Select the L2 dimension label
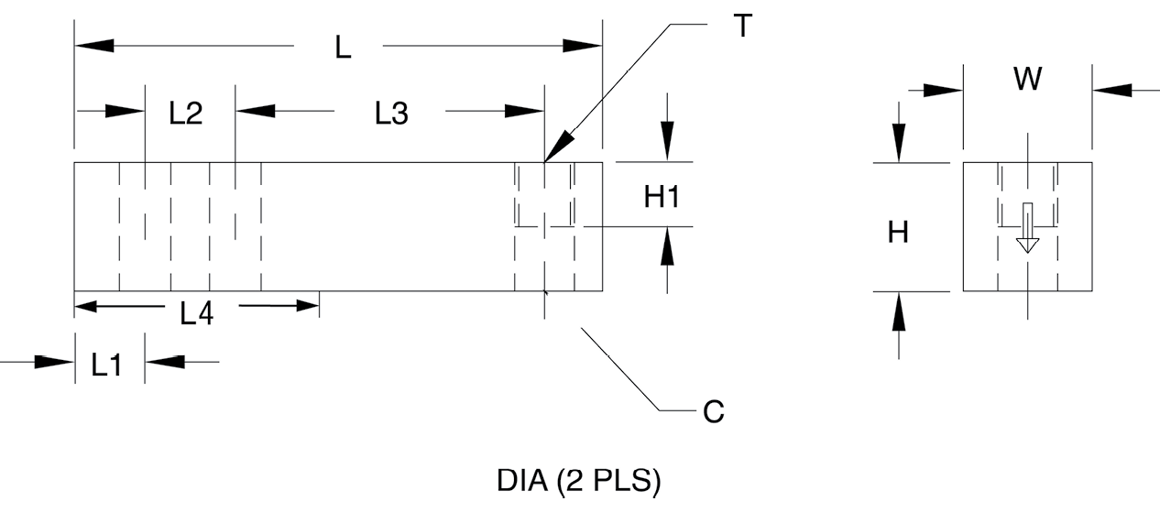tap(186, 114)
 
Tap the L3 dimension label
tap(391, 114)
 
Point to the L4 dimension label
tap(197, 314)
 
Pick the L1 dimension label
tap(106, 365)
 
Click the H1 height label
tap(662, 197)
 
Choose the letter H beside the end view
tap(899, 233)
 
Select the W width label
tap(1027, 81)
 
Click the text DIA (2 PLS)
tap(578, 482)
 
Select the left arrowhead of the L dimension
tap(93, 46)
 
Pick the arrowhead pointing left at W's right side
tap(1111, 90)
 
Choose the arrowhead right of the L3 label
tap(524, 111)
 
